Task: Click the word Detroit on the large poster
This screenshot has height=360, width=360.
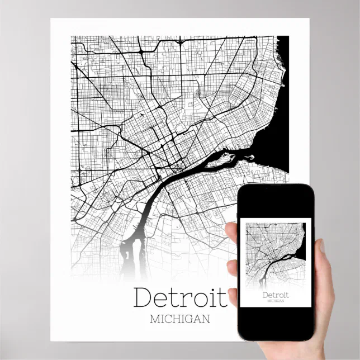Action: pos(180,297)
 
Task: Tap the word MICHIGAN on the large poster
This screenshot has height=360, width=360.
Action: pos(180,319)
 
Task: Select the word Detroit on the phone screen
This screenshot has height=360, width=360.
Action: pos(276,294)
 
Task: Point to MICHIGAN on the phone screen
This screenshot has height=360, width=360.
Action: pos(276,301)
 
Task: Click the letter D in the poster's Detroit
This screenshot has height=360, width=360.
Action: pos(143,297)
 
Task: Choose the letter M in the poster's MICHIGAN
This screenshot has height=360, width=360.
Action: pos(155,319)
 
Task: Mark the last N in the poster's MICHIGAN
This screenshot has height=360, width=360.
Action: pos(206,319)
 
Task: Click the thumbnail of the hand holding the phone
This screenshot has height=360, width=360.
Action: pos(325,280)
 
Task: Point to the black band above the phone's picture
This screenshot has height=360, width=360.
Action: pos(276,202)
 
